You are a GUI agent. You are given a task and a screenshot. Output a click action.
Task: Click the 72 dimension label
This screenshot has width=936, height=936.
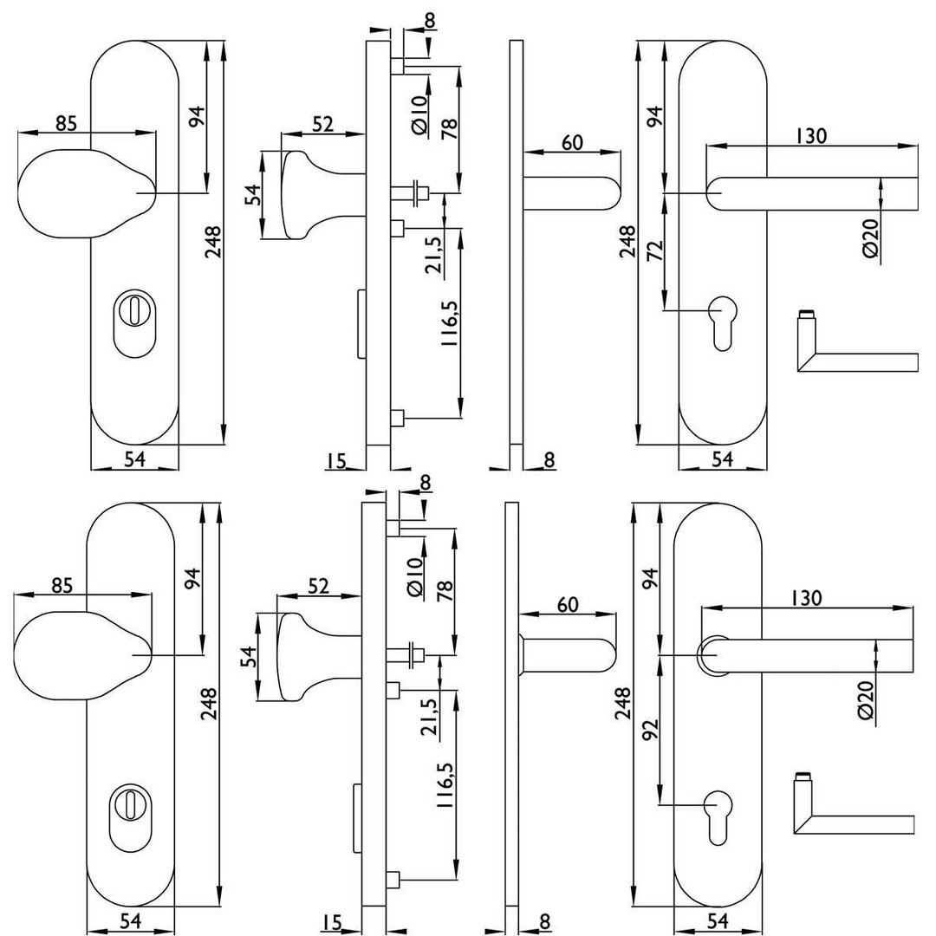point(655,250)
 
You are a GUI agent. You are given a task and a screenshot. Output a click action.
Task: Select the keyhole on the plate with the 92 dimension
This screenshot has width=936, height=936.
point(719,815)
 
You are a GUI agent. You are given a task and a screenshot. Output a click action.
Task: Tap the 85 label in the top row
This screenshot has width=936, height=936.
point(66,123)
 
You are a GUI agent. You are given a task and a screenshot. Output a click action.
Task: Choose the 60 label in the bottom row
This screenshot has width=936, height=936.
point(568,604)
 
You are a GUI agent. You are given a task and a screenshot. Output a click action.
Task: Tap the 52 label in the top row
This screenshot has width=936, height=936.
point(322,125)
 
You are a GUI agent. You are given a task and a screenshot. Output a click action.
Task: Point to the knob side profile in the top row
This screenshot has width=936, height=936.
point(308,194)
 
